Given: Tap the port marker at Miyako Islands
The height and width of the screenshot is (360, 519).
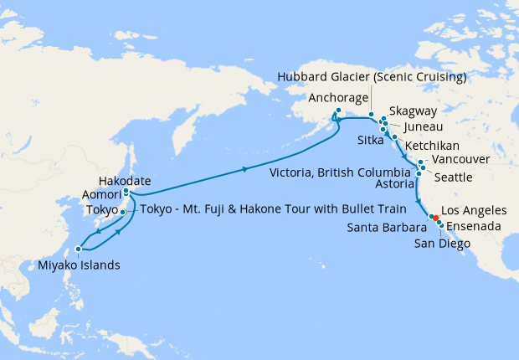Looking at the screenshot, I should [x=78, y=249].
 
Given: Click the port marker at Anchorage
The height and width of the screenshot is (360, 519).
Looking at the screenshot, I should [x=338, y=111].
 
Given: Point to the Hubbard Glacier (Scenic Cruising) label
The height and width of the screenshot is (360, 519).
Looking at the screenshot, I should [x=373, y=77].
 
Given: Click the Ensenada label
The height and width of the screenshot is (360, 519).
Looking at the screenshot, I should [x=476, y=226].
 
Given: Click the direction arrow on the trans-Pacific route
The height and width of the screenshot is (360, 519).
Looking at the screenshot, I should [x=245, y=169].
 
